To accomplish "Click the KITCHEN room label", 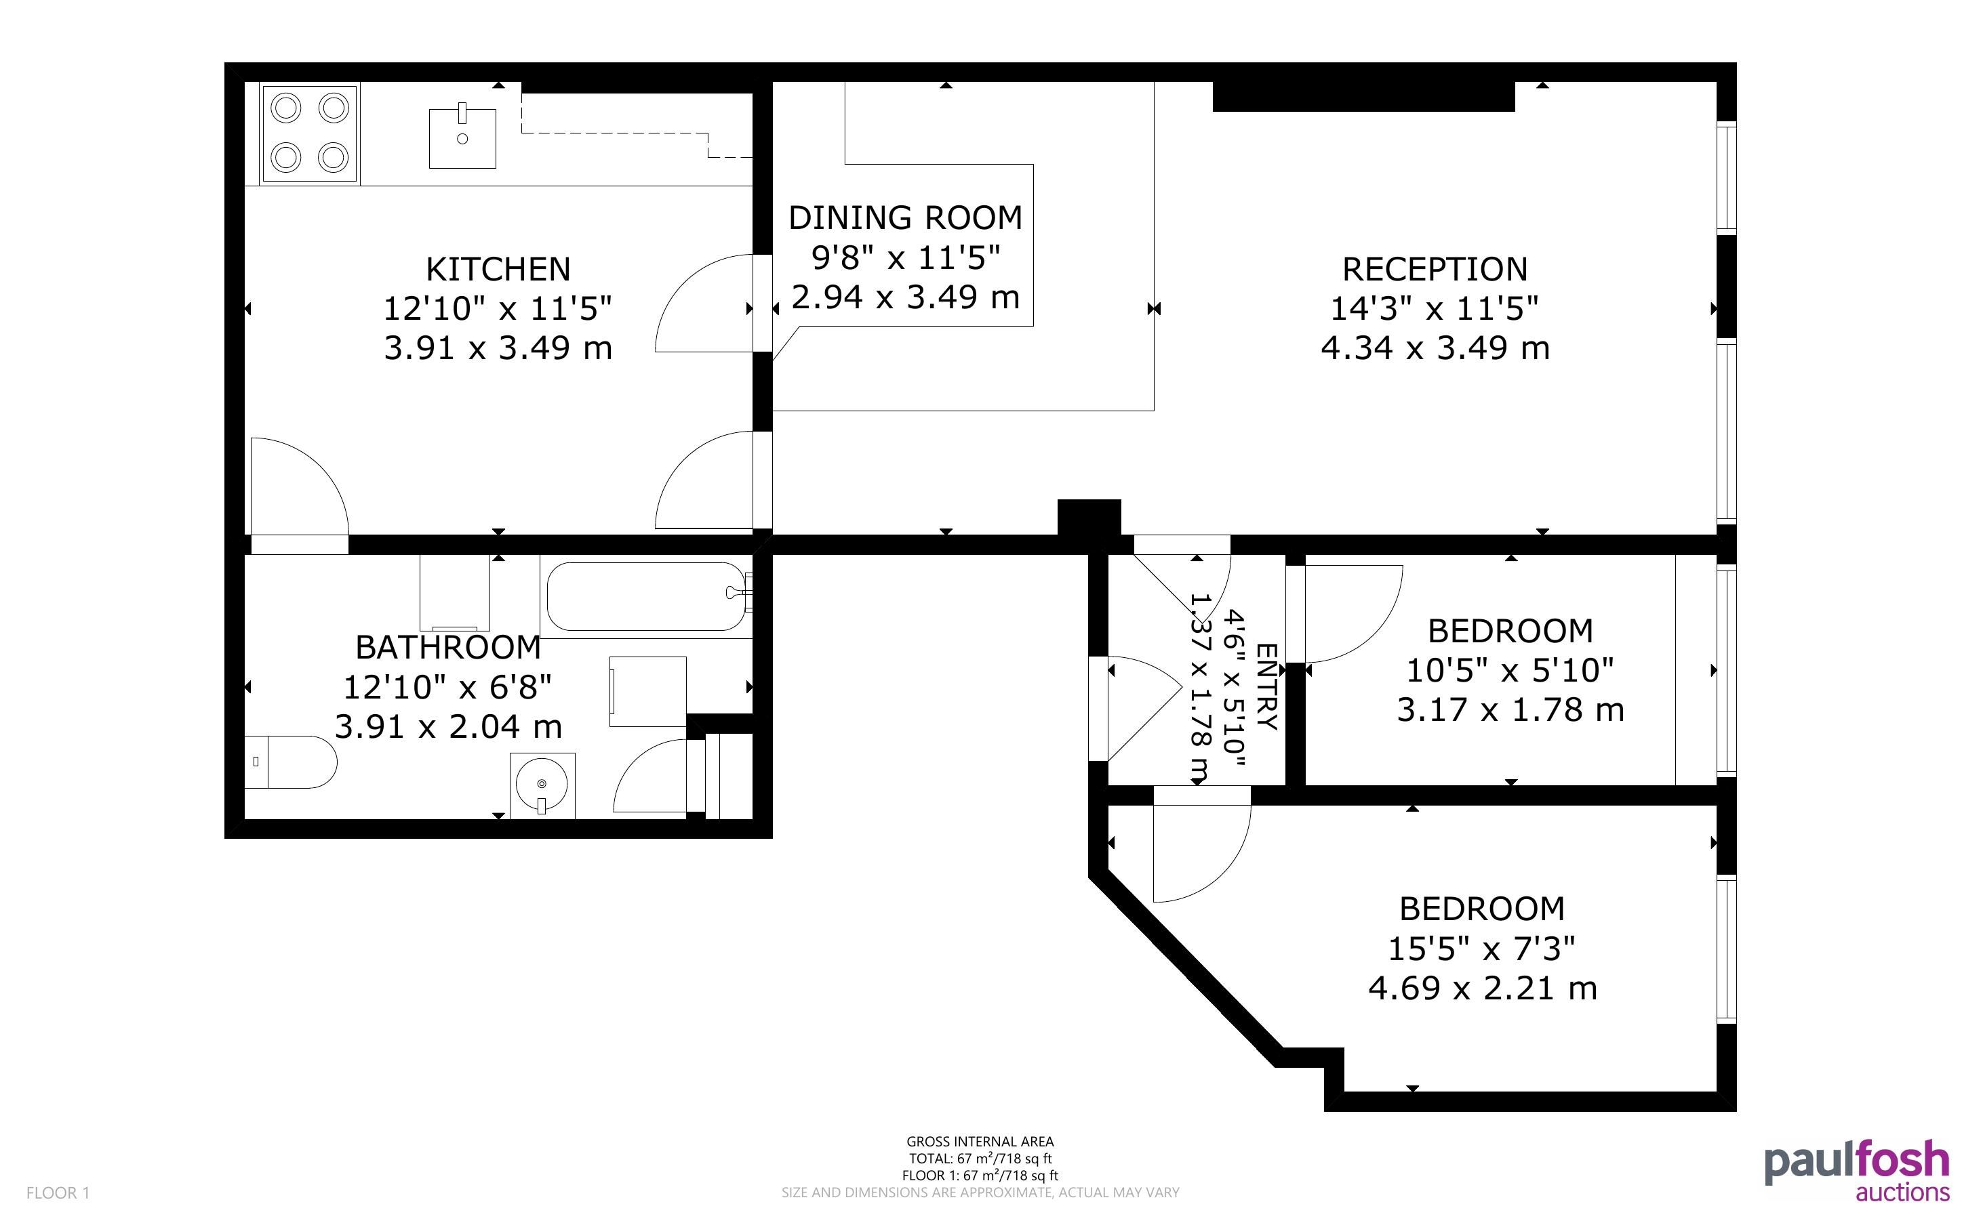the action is click(498, 269).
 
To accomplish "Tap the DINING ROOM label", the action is click(905, 218).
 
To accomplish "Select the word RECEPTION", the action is click(1435, 269).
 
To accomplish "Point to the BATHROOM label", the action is click(448, 647).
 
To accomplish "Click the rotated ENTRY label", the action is click(1266, 686).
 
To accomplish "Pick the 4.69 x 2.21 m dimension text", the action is click(1482, 989).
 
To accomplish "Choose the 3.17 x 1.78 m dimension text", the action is click(1510, 709).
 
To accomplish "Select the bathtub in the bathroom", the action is click(647, 596).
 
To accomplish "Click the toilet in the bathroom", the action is click(290, 762).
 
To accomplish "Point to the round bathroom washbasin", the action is click(542, 785).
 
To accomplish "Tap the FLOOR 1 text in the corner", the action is click(58, 1192).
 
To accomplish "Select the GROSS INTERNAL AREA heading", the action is click(980, 1142).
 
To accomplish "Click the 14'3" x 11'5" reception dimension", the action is click(1435, 309).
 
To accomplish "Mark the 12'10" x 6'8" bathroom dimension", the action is click(447, 687).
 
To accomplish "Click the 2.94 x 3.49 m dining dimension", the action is click(905, 297).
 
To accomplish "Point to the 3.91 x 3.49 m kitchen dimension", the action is click(498, 348).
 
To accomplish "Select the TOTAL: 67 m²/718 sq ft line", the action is click(980, 1159).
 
